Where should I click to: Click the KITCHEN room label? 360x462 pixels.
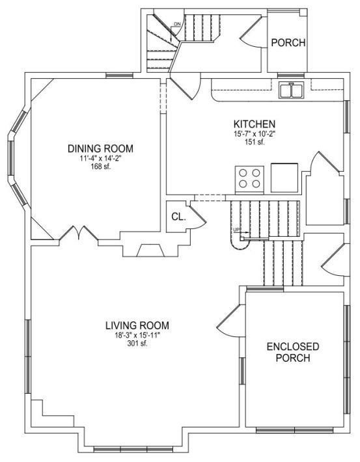[x=254, y=124]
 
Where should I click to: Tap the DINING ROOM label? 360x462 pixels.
[x=100, y=148]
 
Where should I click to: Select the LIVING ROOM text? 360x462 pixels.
[x=137, y=325]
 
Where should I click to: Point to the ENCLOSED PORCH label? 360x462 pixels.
[x=293, y=352]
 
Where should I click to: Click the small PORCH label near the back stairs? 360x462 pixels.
[x=288, y=43]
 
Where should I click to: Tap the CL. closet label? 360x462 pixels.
[x=178, y=217]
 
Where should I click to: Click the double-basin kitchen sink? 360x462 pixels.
[x=291, y=90]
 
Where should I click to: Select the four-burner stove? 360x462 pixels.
[x=249, y=180]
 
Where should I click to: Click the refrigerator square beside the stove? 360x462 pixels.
[x=284, y=178]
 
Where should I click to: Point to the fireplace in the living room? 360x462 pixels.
[x=150, y=250]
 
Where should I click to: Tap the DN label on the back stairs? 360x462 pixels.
[x=177, y=24]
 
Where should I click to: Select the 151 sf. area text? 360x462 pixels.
[x=255, y=142]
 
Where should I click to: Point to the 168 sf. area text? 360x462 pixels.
[x=100, y=167]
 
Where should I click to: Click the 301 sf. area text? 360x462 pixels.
[x=137, y=344]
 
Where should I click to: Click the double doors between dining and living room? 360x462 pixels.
[x=79, y=234]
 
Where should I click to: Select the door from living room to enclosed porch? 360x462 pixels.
[x=232, y=321]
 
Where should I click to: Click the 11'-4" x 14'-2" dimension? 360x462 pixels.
[x=100, y=158]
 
